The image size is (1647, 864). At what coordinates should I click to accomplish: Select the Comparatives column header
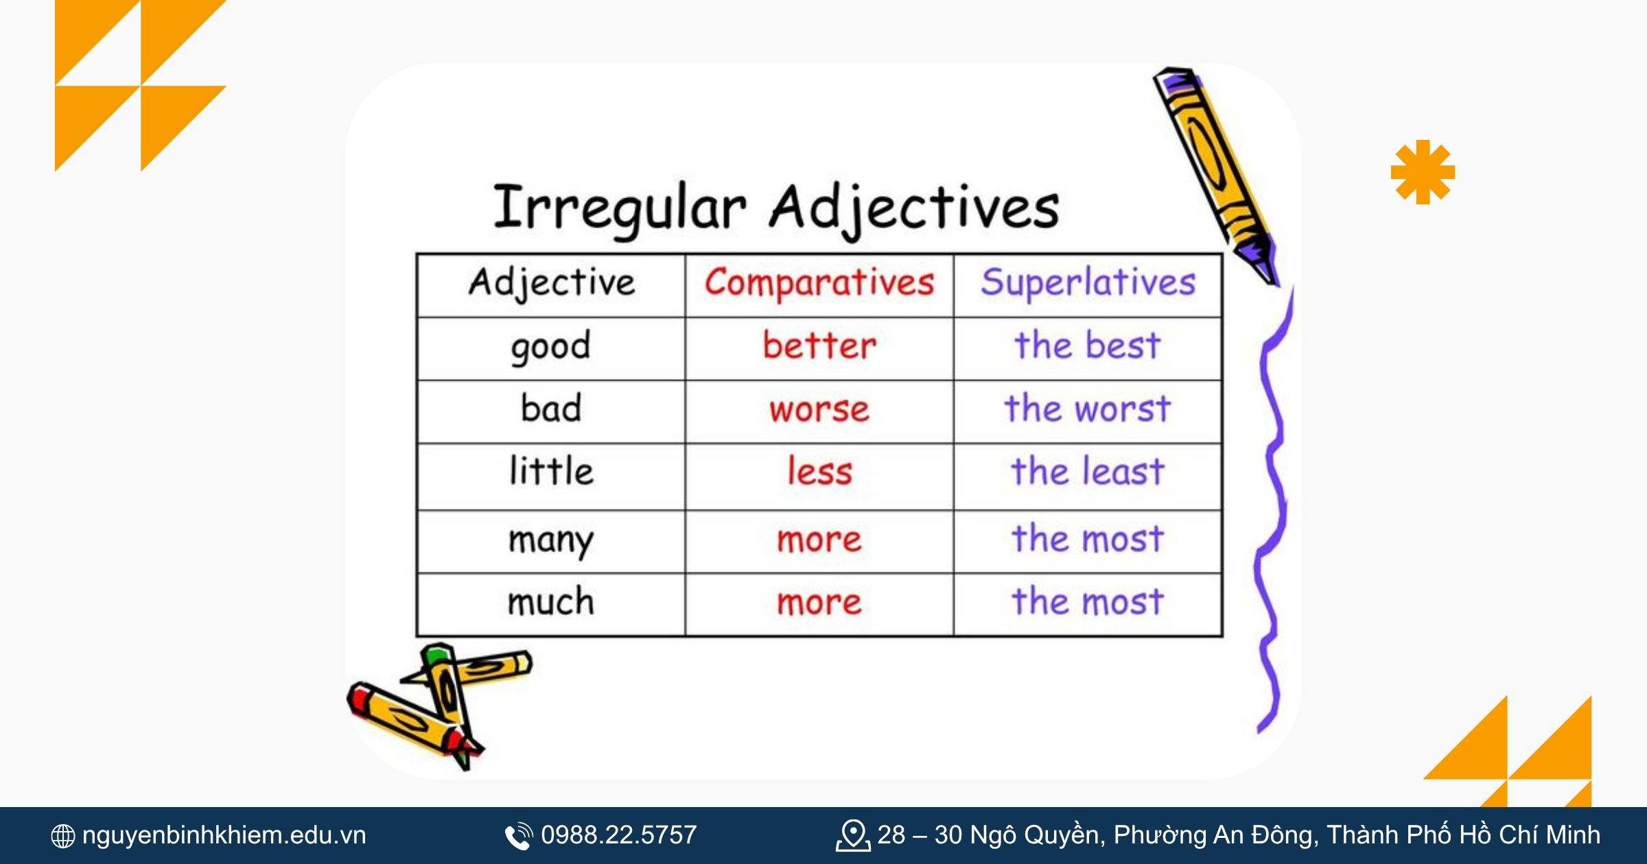click(819, 283)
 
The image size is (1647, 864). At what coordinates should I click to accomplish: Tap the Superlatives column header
click(1088, 283)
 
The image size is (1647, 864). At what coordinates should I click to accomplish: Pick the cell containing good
click(550, 346)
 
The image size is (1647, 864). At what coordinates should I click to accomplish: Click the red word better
click(819, 345)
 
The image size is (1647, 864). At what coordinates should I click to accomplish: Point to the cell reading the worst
click(1088, 409)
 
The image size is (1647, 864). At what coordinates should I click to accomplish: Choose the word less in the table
click(819, 472)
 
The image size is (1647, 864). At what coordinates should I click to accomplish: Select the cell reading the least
click(1088, 472)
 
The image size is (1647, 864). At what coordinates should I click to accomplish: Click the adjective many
click(550, 540)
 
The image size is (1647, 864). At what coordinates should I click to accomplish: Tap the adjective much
click(550, 602)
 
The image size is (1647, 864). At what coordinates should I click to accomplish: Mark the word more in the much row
click(819, 602)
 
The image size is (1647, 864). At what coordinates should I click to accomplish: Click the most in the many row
click(1088, 538)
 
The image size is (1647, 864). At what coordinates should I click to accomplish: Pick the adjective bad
click(550, 409)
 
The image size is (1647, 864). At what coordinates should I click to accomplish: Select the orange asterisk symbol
click(1423, 172)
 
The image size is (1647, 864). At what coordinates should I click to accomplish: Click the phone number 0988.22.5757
click(618, 835)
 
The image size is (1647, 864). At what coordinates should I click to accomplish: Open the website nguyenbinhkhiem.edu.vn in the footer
click(224, 835)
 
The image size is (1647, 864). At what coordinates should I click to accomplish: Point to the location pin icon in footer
click(852, 835)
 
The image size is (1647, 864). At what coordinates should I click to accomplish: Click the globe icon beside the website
click(63, 836)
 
